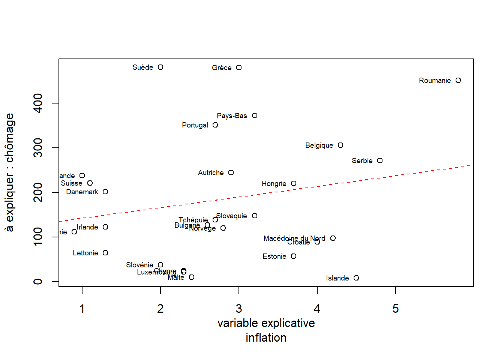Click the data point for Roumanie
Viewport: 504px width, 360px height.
(x=458, y=80)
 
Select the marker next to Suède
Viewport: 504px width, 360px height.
(x=160, y=67)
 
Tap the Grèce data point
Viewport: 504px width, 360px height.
(x=239, y=67)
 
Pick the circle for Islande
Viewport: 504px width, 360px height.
(x=356, y=278)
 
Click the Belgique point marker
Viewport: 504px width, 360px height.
(x=340, y=145)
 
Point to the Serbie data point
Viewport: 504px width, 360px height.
(x=380, y=160)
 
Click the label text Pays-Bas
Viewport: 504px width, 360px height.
(x=232, y=115)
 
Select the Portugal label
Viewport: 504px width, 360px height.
(x=195, y=125)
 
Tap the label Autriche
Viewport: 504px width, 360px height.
(x=210, y=172)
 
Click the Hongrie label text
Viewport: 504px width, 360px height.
(x=274, y=183)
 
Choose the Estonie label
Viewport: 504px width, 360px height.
(x=274, y=256)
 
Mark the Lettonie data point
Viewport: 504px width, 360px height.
(x=105, y=253)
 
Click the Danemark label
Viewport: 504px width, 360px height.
(x=82, y=192)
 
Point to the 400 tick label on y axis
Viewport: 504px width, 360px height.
(x=38, y=103)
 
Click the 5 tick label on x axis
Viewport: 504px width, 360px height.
(x=396, y=309)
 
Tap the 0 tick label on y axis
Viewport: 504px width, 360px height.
(x=38, y=282)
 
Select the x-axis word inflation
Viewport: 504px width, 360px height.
(x=266, y=337)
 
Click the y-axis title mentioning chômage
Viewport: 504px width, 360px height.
(x=10, y=172)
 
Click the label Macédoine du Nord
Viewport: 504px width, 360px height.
(x=294, y=238)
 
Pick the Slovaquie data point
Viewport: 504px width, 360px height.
(x=255, y=216)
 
